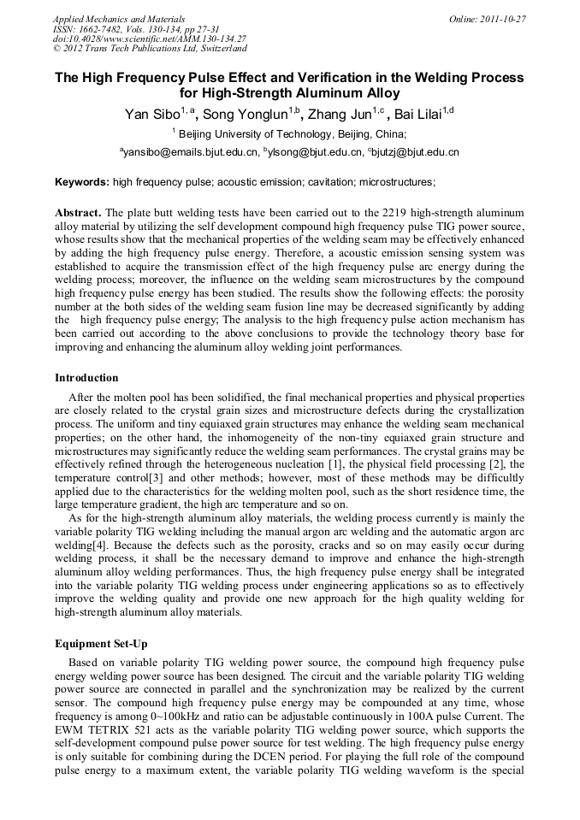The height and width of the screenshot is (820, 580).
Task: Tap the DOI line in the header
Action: [x=150, y=39]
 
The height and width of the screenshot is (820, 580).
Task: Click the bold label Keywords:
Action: [x=82, y=182]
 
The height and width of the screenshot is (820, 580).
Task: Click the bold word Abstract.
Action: [x=78, y=212]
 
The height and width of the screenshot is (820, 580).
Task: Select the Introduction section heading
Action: [x=86, y=378]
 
